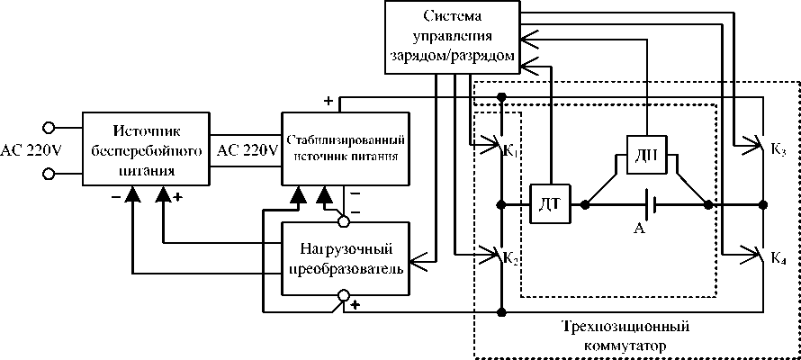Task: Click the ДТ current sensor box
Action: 548,204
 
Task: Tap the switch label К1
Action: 511,150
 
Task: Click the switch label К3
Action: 778,150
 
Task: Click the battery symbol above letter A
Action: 653,204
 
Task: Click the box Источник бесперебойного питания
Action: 144,148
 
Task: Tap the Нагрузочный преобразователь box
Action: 346,257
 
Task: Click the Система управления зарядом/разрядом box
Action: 453,37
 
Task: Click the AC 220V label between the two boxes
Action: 247,149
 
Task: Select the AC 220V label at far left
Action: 31,149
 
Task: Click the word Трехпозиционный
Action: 630,326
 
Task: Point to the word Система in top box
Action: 453,18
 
